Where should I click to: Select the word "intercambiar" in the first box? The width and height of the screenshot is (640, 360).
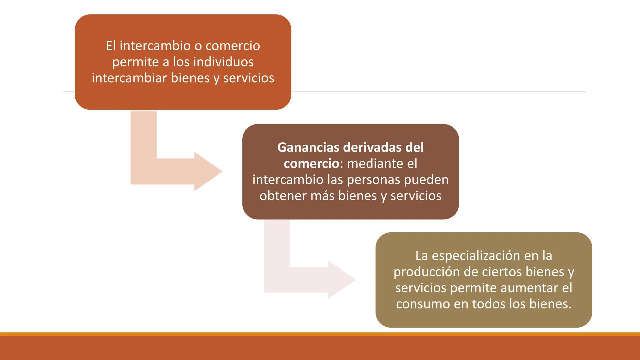(129, 78)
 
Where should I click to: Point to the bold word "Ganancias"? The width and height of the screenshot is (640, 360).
(308, 147)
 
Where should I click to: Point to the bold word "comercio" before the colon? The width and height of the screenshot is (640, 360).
(311, 164)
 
